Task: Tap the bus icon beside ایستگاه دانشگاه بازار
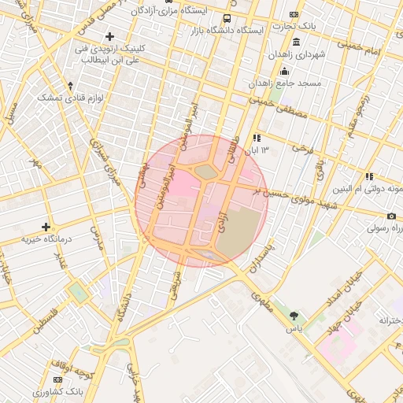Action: click(227, 19)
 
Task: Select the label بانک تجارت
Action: click(319, 26)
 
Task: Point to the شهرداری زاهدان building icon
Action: click(295, 42)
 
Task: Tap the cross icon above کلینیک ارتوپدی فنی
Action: click(109, 36)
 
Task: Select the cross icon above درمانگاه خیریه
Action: click(46, 227)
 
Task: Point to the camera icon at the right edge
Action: click(391, 216)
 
